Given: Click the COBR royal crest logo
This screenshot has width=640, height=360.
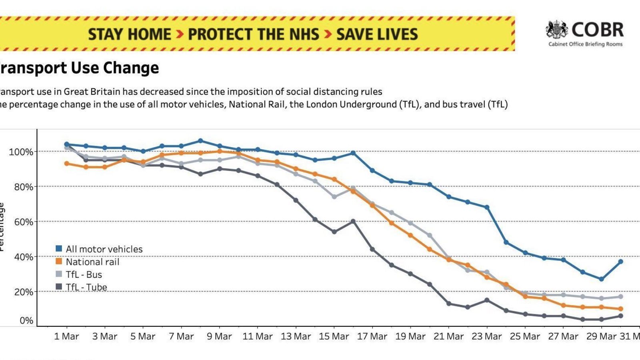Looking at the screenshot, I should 557,30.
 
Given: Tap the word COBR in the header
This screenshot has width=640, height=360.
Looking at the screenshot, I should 598,30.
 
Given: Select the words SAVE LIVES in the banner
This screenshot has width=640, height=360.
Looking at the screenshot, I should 377,34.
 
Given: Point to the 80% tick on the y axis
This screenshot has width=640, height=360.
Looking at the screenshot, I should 24,187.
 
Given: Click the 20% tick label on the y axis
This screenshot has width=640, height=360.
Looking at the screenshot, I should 24,292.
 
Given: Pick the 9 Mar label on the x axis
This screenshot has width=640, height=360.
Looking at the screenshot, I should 219,336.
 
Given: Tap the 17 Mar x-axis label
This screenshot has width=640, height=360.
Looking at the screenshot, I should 372,336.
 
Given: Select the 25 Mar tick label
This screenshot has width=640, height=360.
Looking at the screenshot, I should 525,336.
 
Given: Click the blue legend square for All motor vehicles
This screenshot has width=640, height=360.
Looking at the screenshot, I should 59,249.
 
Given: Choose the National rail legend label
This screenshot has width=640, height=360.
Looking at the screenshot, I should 92,262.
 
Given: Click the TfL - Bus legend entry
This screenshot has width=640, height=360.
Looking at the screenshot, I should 84,275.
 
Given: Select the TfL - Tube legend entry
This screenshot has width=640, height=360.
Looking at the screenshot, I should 86,287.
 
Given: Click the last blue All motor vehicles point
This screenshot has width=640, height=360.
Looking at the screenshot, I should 621,262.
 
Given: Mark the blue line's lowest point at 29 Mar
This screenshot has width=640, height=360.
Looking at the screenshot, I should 602,279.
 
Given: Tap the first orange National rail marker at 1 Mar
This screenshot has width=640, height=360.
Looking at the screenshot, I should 67,164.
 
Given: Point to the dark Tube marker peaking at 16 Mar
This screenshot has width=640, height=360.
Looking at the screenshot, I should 353,221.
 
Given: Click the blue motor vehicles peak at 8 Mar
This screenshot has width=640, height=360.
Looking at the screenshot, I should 201,141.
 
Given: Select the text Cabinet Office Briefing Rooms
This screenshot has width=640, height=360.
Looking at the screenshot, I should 585,44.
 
